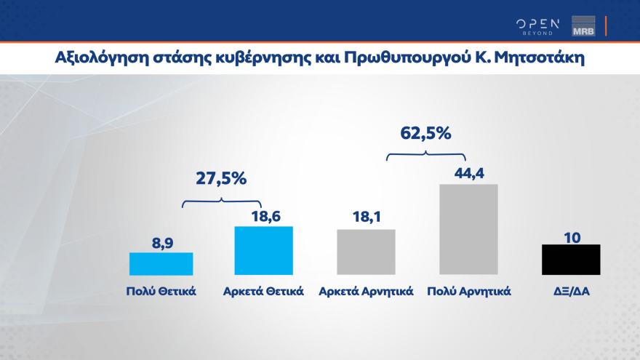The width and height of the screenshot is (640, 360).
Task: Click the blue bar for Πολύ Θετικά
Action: coord(161,263)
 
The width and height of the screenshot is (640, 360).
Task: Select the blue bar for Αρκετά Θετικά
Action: coord(263,250)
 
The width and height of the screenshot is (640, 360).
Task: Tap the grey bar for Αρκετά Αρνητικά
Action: coord(366,252)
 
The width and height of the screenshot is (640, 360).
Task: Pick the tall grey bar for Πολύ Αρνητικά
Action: coord(468,229)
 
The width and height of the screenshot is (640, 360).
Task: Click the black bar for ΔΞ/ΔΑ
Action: coord(571,259)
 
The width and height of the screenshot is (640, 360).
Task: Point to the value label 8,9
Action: coord(161,240)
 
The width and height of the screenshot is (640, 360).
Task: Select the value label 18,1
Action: coord(366,217)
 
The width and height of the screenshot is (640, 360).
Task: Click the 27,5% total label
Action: coord(220,179)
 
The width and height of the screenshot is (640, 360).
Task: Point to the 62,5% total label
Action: coord(425,133)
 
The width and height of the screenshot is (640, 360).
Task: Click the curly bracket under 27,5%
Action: coord(221,202)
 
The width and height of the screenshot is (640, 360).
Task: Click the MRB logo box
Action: coord(584,25)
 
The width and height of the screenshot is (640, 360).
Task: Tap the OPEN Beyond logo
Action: coord(539,25)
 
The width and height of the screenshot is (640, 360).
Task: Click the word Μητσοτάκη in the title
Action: coord(538,57)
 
